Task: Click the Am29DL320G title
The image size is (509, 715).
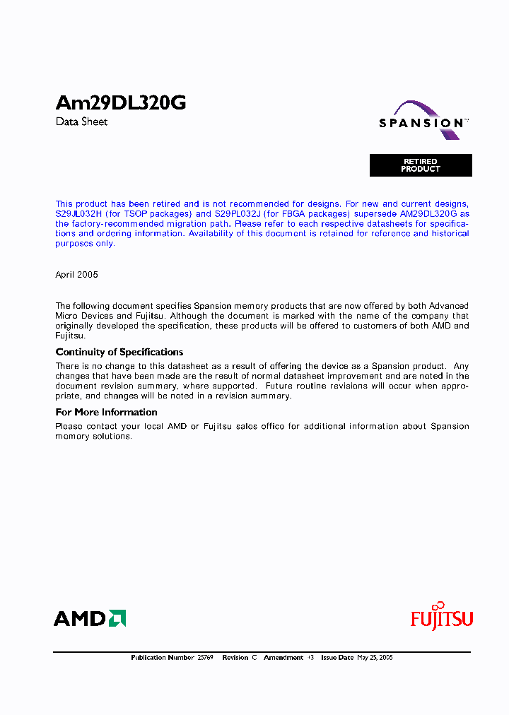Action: coord(121,103)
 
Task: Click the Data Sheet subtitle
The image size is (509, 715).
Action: coord(81,122)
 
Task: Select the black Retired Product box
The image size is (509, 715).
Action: coord(421,165)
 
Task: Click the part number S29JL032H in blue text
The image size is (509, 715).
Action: coord(78,213)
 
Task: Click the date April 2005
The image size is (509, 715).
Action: coord(76,274)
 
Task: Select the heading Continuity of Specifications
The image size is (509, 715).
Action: coord(119,352)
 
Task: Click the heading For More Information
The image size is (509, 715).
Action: coord(106,412)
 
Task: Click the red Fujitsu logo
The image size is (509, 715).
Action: coord(442,617)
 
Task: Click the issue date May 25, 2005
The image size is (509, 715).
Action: coord(375,658)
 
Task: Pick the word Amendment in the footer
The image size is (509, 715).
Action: coord(283,658)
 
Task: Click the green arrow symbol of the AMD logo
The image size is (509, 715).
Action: coord(117,619)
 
